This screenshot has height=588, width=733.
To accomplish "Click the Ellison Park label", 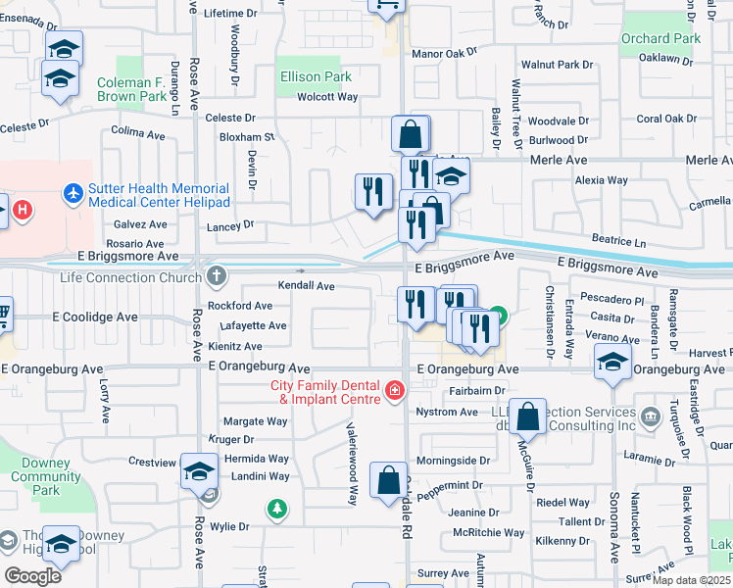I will [316, 76].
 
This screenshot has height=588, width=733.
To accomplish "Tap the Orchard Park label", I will [660, 38].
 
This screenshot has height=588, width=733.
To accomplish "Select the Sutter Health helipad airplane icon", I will [73, 193].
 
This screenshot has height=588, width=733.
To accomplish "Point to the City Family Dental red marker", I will [394, 392].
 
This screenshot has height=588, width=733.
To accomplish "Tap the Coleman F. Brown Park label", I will [131, 90].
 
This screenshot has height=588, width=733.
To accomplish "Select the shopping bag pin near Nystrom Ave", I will [528, 416].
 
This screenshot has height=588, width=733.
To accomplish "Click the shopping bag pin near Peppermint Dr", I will [388, 480].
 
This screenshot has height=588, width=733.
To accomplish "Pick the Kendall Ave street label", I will [307, 286].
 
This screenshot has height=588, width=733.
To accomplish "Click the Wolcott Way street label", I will [327, 97].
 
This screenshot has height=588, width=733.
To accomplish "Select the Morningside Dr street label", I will [454, 460].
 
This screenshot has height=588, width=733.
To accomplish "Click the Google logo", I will [32, 575].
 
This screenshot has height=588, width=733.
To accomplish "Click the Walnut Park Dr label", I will [558, 64].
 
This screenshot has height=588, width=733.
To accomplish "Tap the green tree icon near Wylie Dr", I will [278, 508].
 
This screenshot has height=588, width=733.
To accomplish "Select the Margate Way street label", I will [256, 421].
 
